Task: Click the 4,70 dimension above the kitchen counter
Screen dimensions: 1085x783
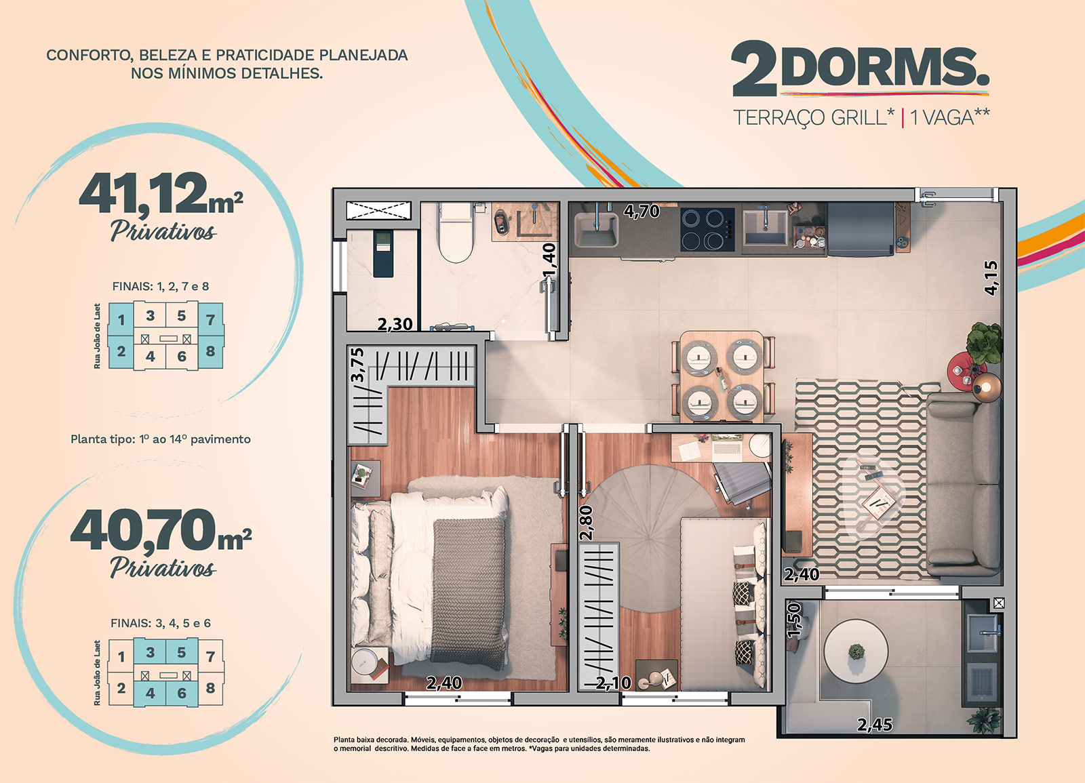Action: coord(642,211)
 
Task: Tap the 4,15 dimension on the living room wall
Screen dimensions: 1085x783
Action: coord(991,278)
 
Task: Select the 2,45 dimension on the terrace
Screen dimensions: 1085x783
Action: coord(874,725)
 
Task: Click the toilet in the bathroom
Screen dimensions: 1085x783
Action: coord(455,233)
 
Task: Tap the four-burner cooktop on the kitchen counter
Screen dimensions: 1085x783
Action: coord(707,230)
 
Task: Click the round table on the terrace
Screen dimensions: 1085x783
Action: coord(856,650)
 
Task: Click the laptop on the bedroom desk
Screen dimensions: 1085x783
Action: coord(726,448)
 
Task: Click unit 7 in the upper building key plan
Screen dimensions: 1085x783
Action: coord(210,319)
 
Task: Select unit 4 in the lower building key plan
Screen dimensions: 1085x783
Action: coord(150,694)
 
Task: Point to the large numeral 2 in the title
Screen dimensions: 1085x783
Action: coord(753,68)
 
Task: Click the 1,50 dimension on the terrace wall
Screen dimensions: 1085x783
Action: coord(794,620)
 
